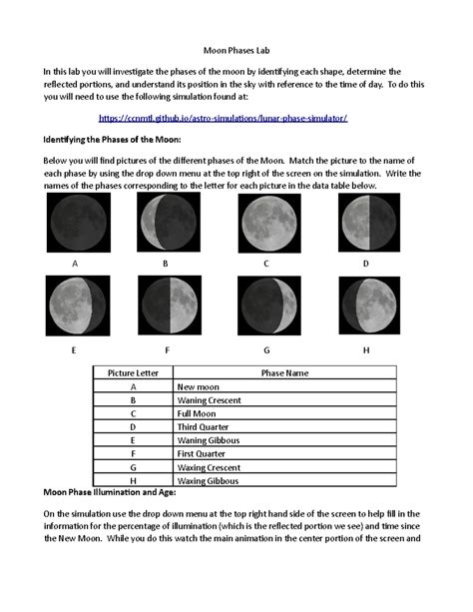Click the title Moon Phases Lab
coord(236,47)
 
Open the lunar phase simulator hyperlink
coord(236,118)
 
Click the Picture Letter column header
coord(133,371)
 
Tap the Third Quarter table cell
coord(206,425)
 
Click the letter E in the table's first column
coord(133,438)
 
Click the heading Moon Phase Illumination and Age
coord(115,493)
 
